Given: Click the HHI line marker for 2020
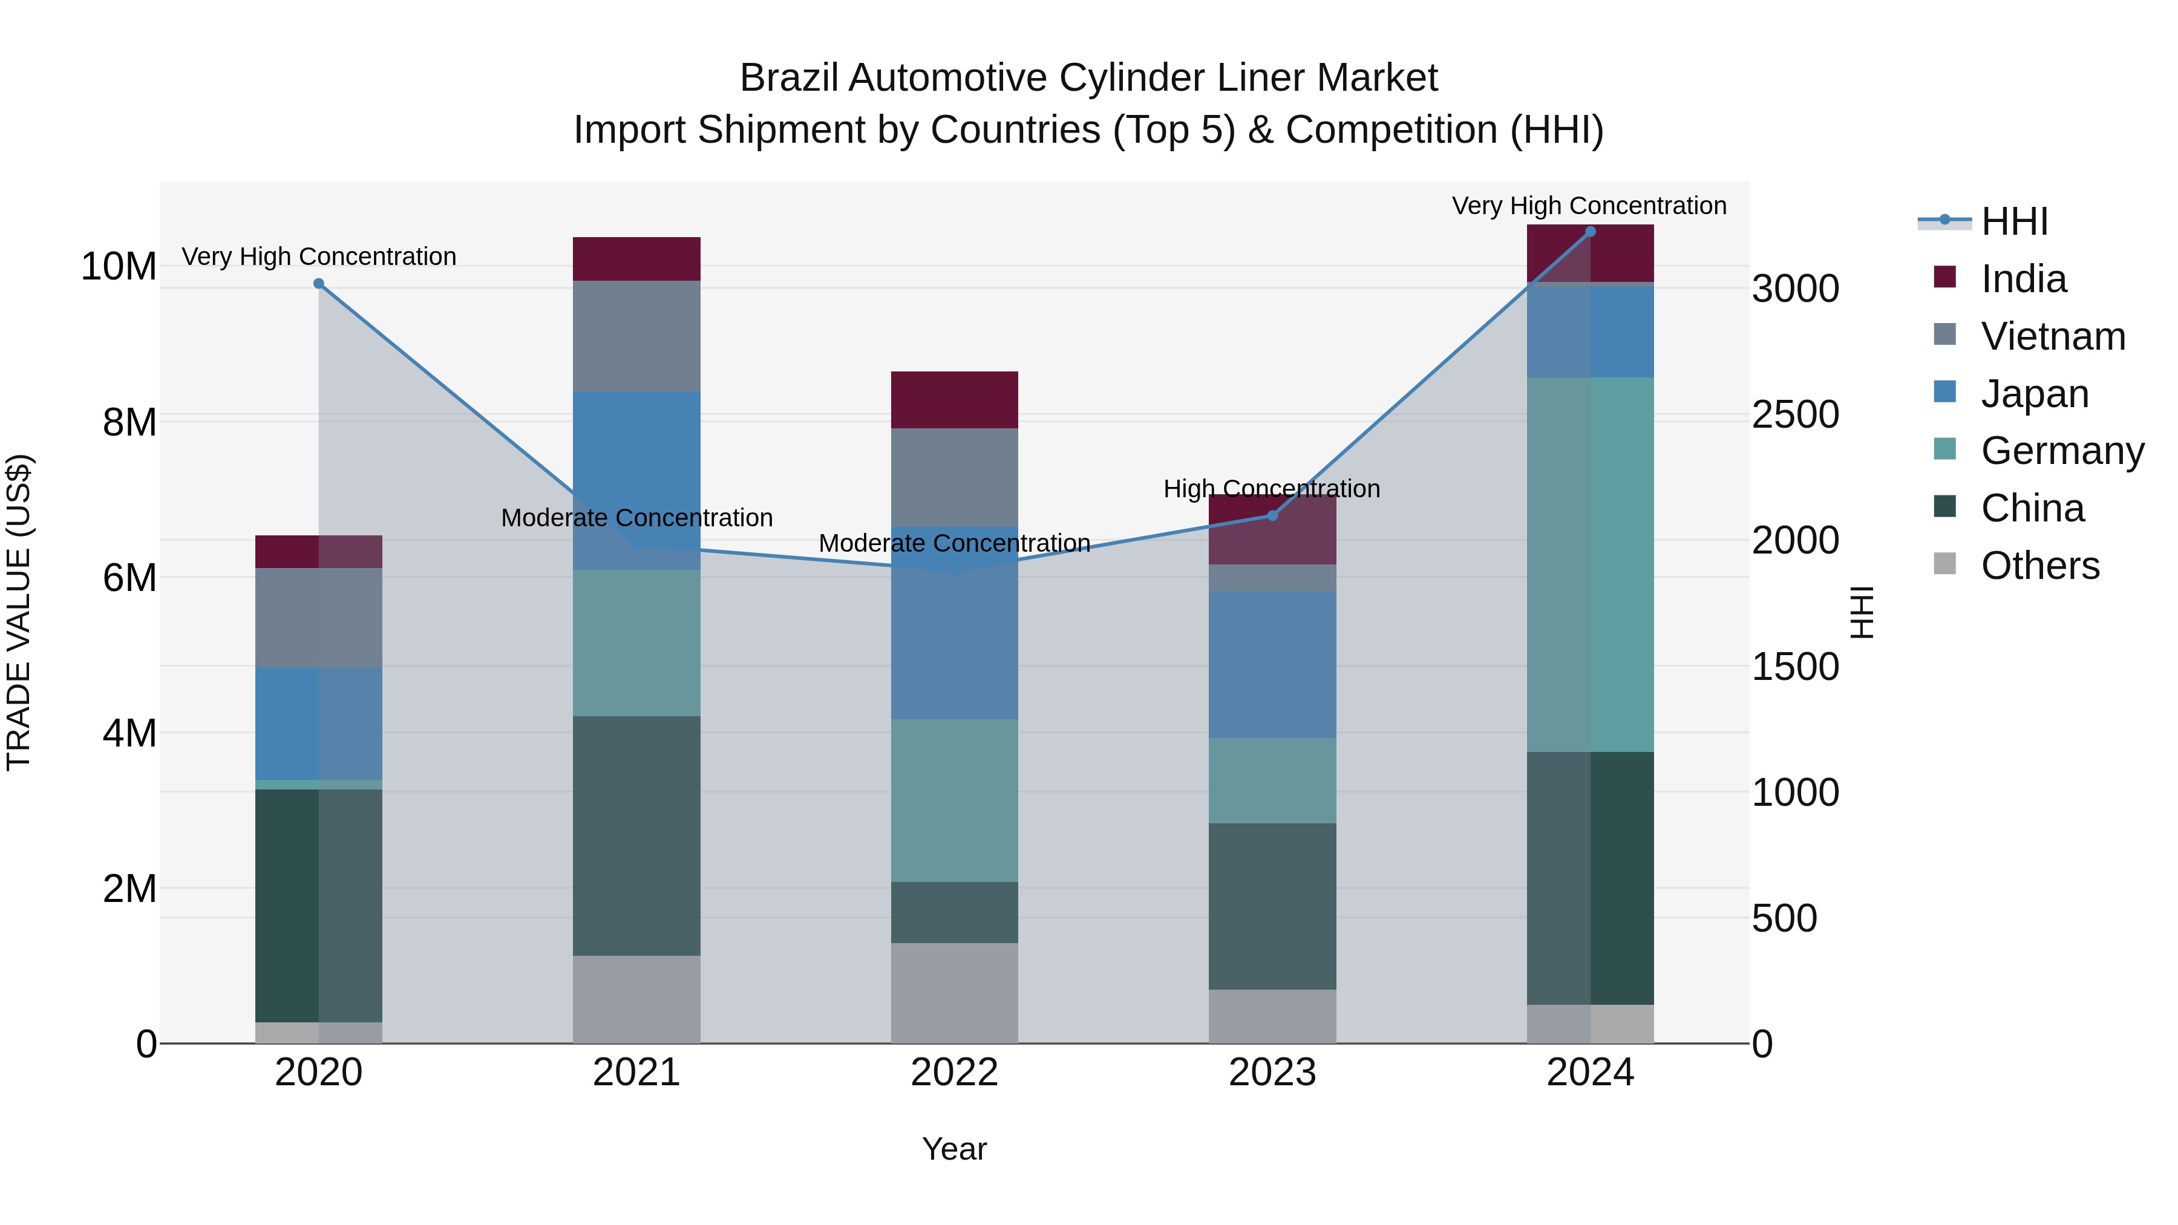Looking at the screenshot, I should pyautogui.click(x=319, y=284).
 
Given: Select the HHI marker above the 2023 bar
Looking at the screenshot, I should pyautogui.click(x=1272, y=515).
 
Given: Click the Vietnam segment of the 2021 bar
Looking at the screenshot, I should pyautogui.click(x=636, y=336).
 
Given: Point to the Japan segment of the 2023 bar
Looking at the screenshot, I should pyautogui.click(x=1272, y=664).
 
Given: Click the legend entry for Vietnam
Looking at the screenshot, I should pyautogui.click(x=2052, y=336).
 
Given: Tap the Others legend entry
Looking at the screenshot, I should pyautogui.click(x=2039, y=566).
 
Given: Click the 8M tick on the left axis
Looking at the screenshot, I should pyautogui.click(x=129, y=422).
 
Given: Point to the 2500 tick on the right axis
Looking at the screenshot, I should pyautogui.click(x=1794, y=415).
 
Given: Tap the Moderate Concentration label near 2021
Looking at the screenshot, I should pyautogui.click(x=636, y=517).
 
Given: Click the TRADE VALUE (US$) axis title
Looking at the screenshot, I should pyautogui.click(x=19, y=612).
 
